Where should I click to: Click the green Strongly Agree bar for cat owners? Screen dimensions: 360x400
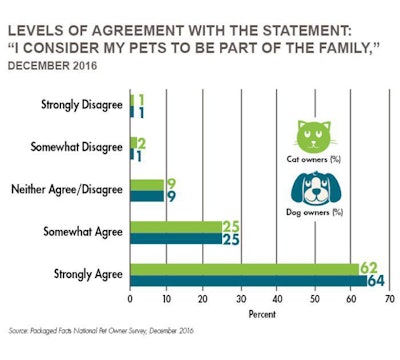tap(245, 268)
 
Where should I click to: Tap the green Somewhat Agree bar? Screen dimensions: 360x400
tap(176, 227)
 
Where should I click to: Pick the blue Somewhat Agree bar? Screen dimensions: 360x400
tap(176, 239)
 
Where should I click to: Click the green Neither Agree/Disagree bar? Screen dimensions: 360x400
tap(146, 184)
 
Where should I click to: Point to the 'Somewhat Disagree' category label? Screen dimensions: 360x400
tap(80, 148)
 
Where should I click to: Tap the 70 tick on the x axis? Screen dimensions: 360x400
tap(389, 299)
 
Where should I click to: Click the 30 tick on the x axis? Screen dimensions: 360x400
tap(241, 299)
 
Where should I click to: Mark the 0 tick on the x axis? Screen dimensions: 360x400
tap(131, 299)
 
